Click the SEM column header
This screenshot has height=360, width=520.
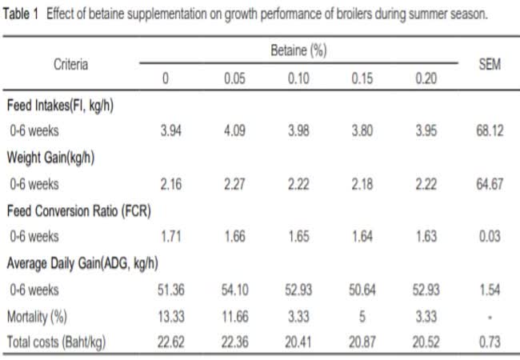[x=489, y=65]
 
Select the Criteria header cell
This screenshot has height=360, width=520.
[x=70, y=65]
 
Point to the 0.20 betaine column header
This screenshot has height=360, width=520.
[x=426, y=80]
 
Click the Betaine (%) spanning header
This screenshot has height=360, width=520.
[x=298, y=50]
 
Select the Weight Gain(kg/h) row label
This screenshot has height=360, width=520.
[x=50, y=158]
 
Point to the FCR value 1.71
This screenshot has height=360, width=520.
[x=170, y=237]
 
